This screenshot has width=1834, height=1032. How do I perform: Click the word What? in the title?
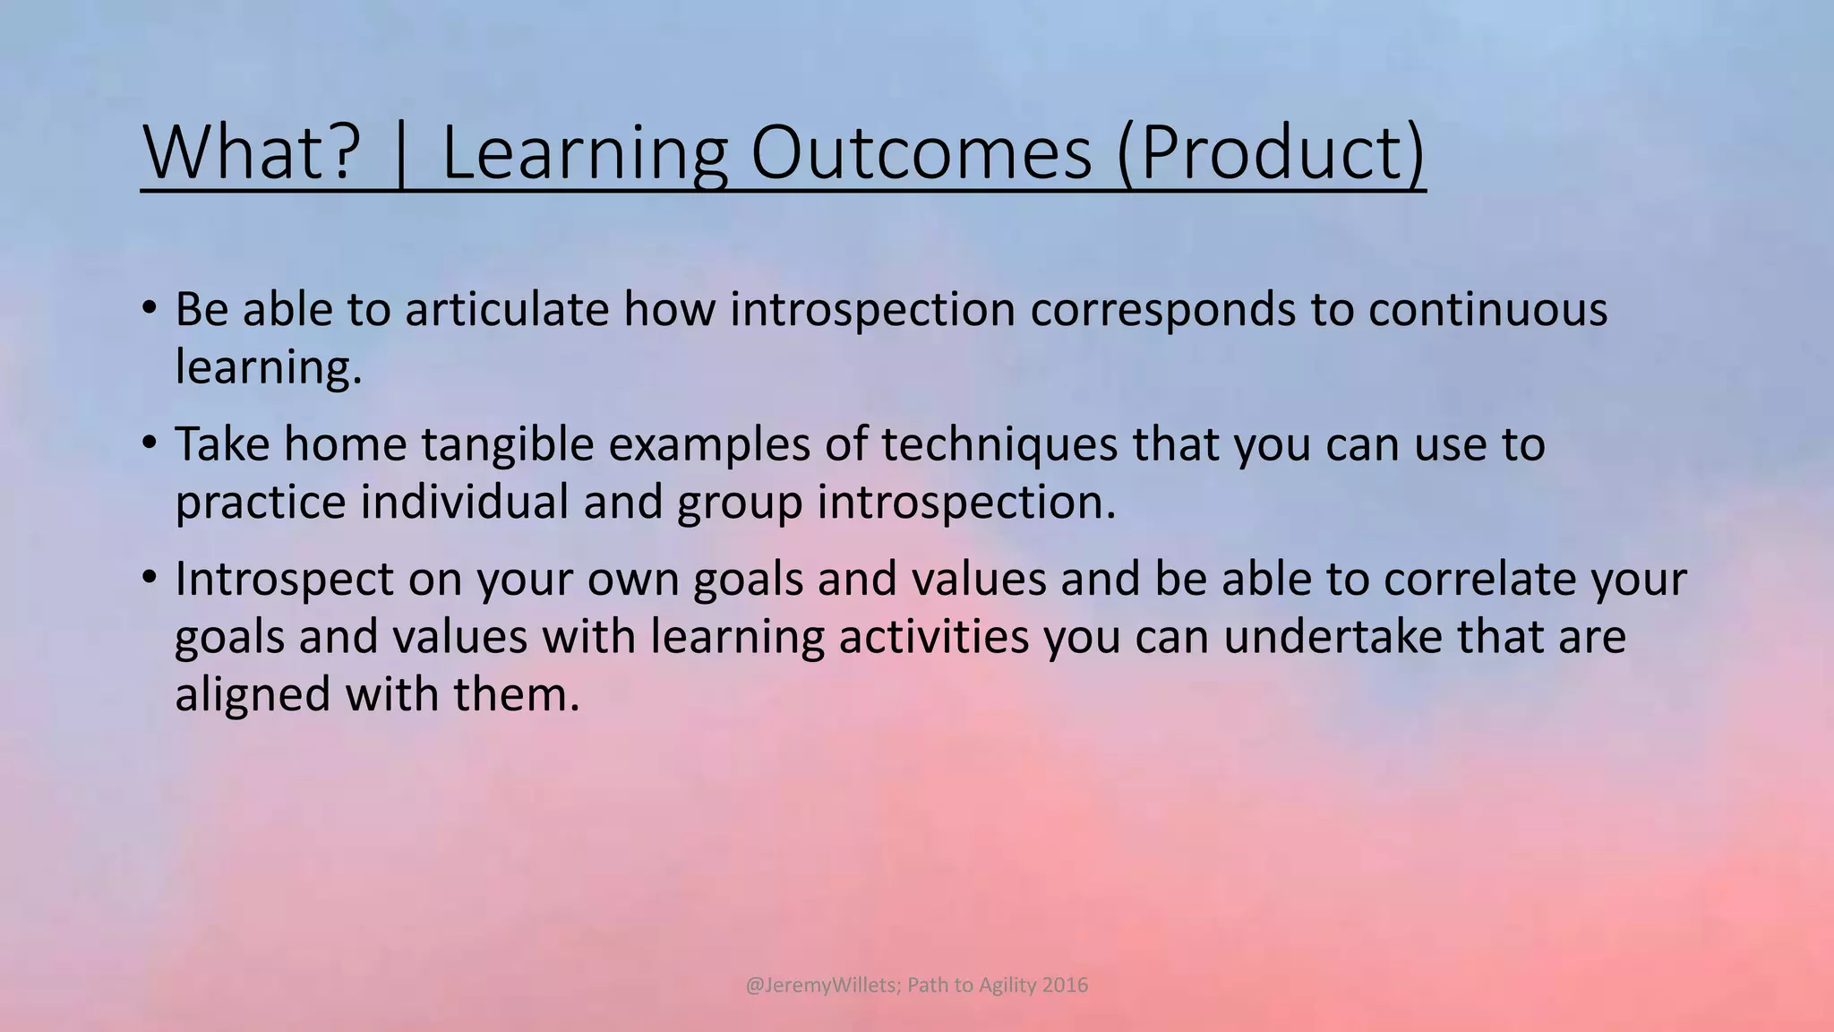(x=252, y=152)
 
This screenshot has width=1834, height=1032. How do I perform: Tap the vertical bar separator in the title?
(x=400, y=154)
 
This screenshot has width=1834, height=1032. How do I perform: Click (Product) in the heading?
(x=1270, y=154)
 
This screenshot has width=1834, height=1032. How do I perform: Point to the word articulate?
(x=507, y=309)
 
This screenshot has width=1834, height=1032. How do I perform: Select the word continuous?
(x=1487, y=309)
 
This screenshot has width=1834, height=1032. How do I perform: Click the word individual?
(x=465, y=502)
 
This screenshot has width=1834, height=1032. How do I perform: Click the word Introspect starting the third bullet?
(x=284, y=580)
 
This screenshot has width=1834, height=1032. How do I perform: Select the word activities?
(x=934, y=637)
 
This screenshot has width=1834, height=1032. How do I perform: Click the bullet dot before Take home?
(x=150, y=442)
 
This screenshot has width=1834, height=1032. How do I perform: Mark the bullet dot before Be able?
(x=150, y=306)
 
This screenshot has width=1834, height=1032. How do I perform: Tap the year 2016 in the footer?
(x=1065, y=985)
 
